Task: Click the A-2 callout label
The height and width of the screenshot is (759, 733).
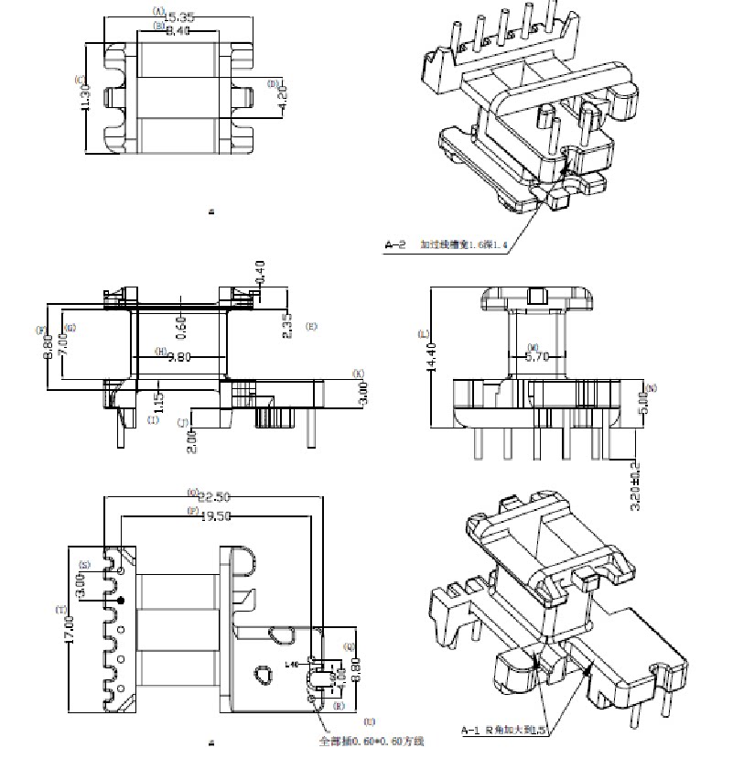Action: click(x=395, y=244)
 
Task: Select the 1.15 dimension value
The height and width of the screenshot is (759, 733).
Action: click(x=158, y=403)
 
